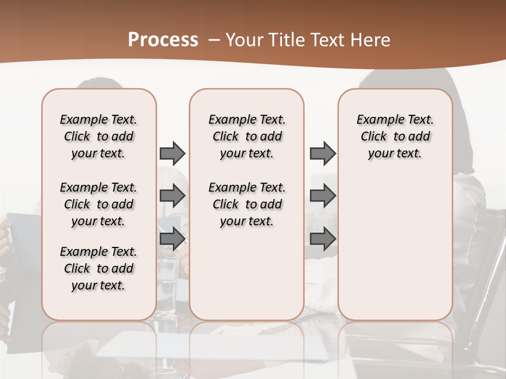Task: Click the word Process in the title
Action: point(163,39)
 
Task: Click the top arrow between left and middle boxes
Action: point(172,153)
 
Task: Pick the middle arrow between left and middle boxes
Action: point(172,196)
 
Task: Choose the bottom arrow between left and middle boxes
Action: point(172,238)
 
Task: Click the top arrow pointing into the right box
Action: point(323,153)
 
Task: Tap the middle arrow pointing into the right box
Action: point(323,196)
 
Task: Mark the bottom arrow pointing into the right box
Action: point(323,238)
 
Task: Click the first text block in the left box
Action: point(99,136)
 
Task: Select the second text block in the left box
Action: point(99,204)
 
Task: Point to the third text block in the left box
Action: point(99,268)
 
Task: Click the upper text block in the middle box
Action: point(247,136)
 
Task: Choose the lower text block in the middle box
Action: point(247,204)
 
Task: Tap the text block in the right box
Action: point(395,136)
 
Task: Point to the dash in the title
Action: point(214,40)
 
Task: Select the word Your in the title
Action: point(244,40)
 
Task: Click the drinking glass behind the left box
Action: point(168,284)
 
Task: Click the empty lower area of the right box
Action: point(395,247)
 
